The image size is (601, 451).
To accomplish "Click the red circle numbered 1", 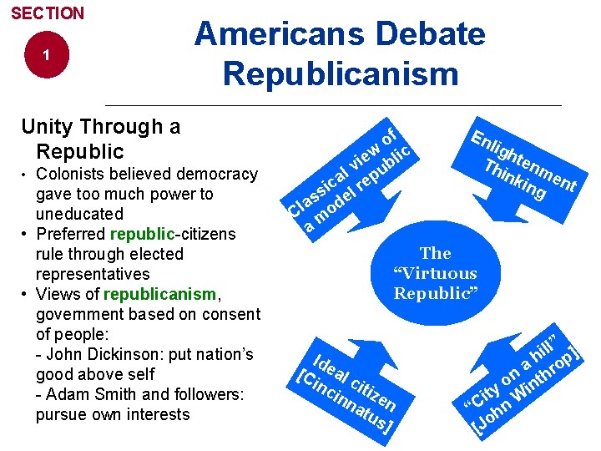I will point(47,55).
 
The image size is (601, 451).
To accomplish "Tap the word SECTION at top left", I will point(48,13).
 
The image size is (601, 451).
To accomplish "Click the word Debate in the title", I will point(430,34).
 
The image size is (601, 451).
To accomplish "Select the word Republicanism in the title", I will point(341,73).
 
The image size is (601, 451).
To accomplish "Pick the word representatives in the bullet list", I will point(93,274).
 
